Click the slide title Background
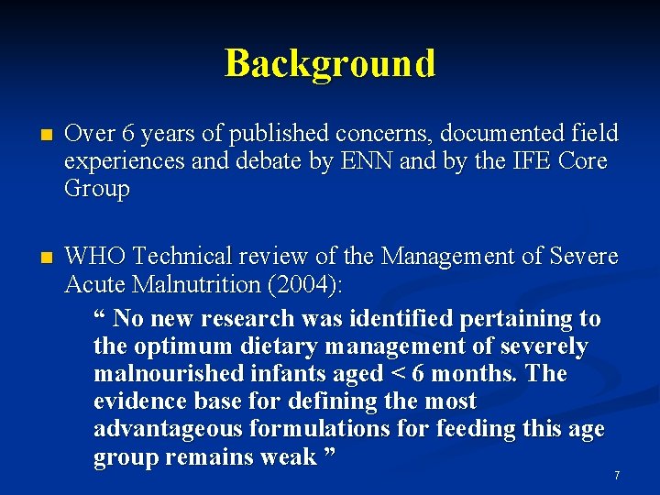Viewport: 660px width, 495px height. (x=330, y=63)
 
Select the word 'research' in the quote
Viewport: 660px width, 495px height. (x=254, y=319)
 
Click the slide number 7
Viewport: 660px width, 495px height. (x=617, y=476)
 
